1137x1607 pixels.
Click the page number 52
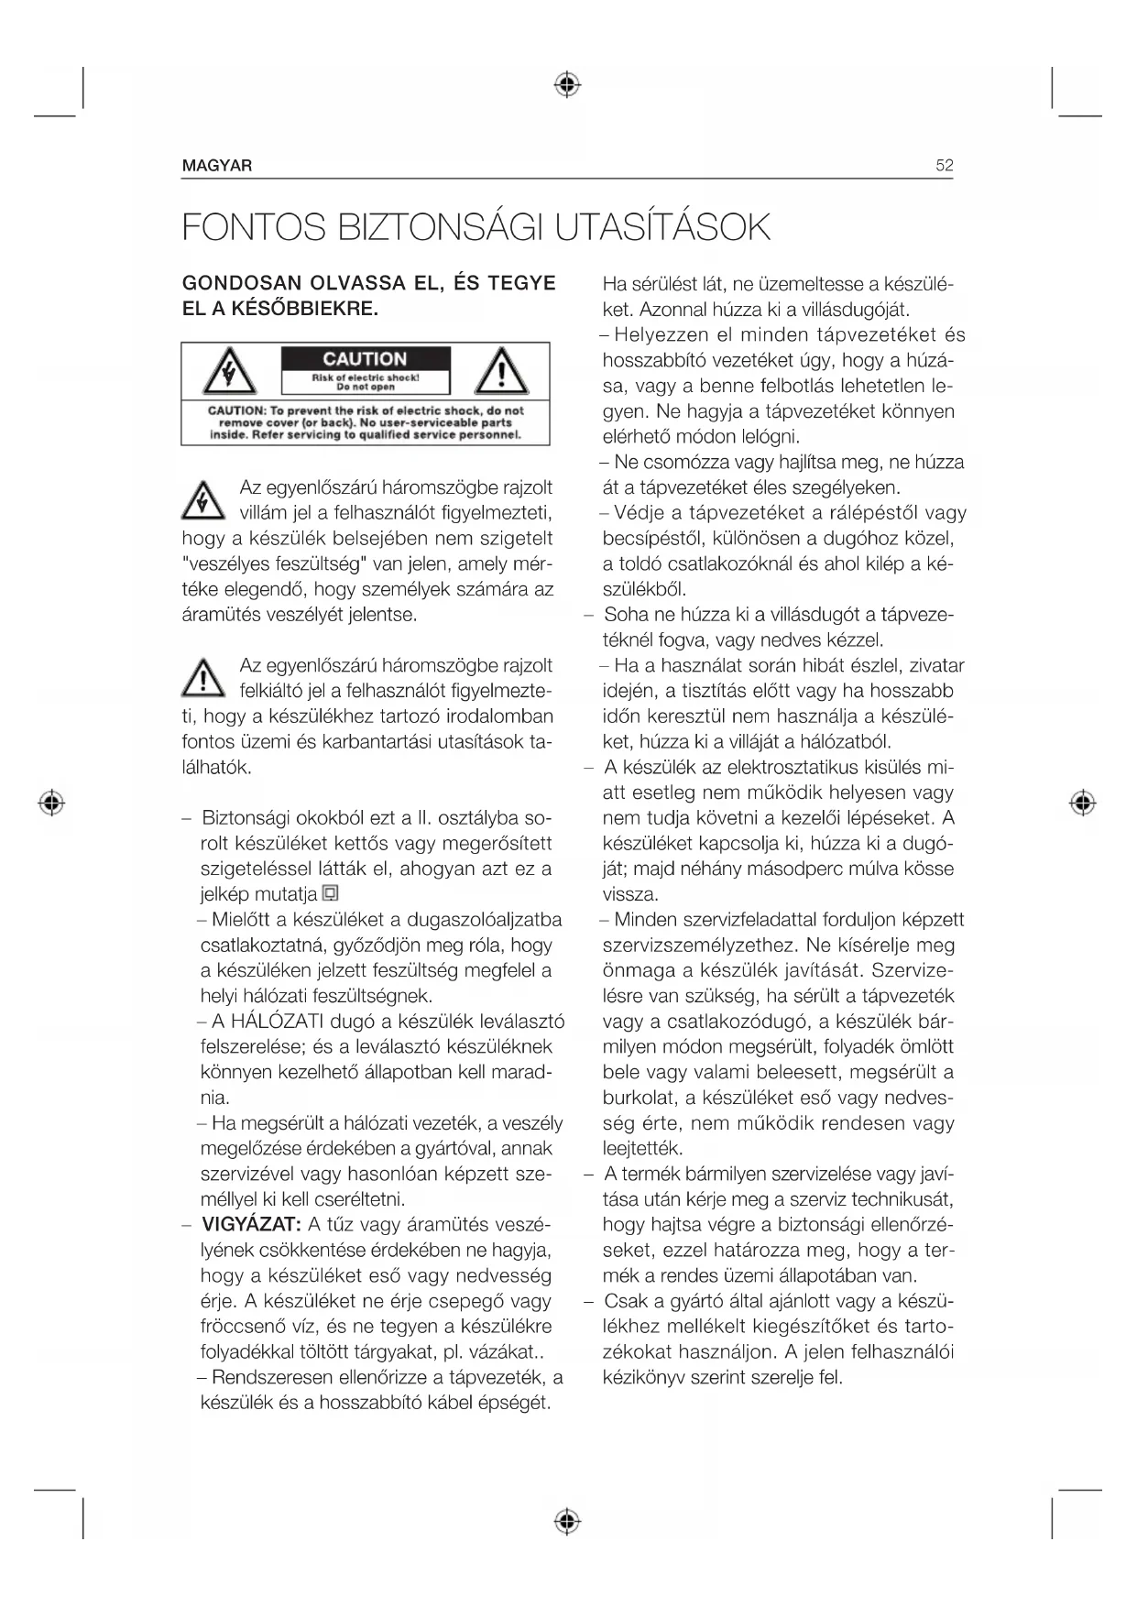(944, 166)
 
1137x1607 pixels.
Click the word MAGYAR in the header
(217, 166)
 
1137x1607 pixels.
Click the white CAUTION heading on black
(365, 359)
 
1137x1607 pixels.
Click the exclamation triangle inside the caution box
(500, 372)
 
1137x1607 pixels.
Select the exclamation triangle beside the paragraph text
(203, 678)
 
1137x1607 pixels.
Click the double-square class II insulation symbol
(331, 893)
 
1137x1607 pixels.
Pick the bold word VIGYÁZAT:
(250, 1225)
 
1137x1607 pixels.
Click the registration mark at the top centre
(568, 85)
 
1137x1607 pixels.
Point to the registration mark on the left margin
(52, 803)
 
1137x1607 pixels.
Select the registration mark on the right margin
(1083, 803)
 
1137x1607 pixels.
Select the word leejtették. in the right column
(643, 1148)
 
